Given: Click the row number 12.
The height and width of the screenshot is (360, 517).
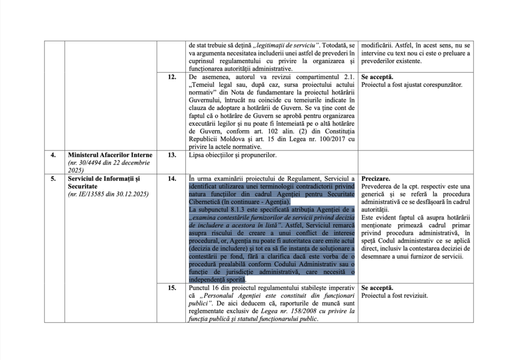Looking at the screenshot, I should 172,77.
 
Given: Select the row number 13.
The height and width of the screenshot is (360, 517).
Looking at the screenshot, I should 172,155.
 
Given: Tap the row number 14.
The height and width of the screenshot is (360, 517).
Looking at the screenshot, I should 172,179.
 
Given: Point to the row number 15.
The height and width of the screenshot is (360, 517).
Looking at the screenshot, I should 172,288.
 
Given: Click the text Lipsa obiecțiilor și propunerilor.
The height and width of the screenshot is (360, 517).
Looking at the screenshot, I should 233,155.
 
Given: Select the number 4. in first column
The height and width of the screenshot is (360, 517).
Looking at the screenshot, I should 54,155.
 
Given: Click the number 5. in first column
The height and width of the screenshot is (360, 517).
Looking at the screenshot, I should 54,179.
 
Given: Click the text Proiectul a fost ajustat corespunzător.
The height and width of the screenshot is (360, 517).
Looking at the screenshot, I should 411,85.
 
